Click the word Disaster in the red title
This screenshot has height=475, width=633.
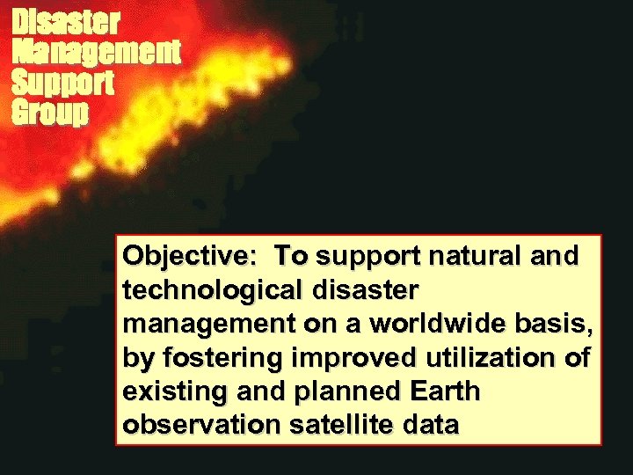66,21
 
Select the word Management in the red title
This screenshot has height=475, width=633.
96,52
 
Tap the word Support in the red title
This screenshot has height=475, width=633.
62,83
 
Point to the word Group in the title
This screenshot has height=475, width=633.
50,113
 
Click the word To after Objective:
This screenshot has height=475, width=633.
290,256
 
